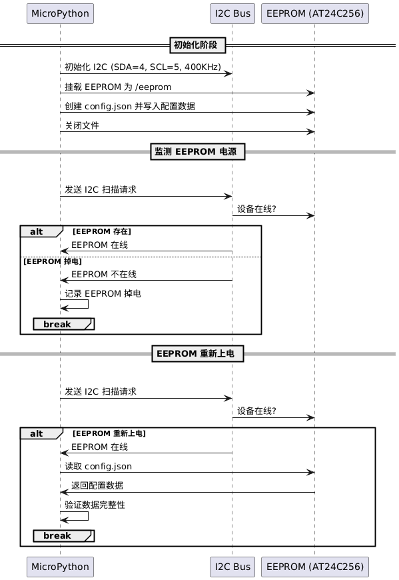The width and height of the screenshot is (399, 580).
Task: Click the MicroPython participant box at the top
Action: pos(60,14)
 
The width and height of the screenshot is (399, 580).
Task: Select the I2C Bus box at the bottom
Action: pos(232,567)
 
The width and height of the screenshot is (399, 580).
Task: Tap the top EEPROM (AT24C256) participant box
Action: pos(315,14)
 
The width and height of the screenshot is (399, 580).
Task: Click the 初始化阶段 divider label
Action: pos(198,45)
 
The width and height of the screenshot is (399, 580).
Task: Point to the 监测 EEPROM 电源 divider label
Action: pos(198,151)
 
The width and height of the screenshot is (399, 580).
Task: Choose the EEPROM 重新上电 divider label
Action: pos(198,353)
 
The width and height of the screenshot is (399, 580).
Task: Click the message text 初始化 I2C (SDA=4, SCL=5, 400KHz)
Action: pos(143,67)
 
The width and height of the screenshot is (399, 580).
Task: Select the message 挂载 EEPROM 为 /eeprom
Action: pos(118,87)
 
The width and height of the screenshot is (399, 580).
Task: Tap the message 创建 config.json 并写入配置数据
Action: pos(130,106)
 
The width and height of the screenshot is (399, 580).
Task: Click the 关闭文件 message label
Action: pos(82,126)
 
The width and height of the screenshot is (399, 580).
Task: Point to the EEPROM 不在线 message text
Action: pos(104,275)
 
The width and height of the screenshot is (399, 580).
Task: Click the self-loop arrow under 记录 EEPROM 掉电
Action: pos(88,304)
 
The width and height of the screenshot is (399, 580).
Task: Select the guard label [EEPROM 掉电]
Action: pos(53,261)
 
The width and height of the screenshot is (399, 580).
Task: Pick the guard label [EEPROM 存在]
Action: pos(102,231)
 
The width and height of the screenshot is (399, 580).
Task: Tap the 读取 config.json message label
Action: pos(99,467)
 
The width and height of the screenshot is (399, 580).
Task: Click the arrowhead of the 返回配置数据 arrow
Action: pos(64,492)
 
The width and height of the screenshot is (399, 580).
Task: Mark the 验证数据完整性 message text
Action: pos(95,505)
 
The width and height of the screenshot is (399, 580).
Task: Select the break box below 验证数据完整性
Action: pos(64,535)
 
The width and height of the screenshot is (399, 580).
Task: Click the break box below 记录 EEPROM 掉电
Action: pos(64,324)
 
